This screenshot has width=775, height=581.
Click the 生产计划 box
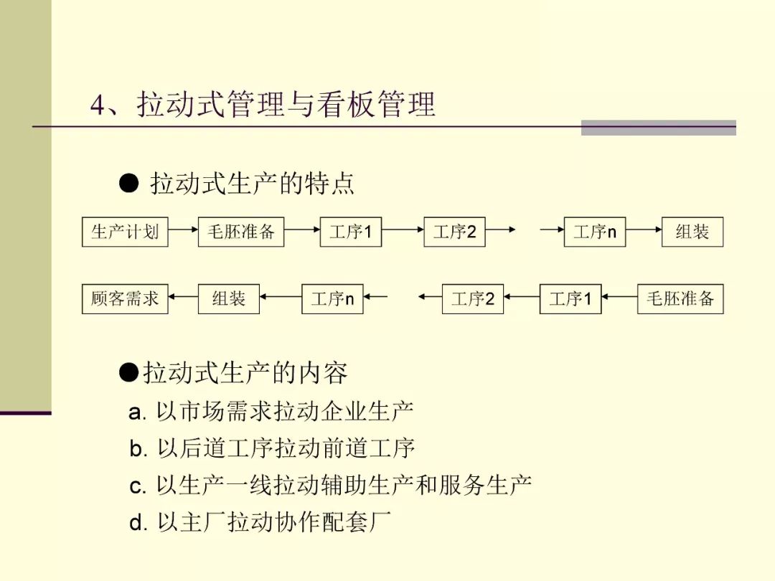[x=125, y=232]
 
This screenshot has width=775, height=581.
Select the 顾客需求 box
[x=125, y=298]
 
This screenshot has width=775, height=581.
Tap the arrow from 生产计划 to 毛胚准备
[x=183, y=230]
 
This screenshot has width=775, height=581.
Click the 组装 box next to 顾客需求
[x=229, y=298]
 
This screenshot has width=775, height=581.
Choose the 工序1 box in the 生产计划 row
[x=351, y=232]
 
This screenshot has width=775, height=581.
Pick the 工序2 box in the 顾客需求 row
[x=473, y=298]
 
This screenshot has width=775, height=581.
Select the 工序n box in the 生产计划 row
[x=595, y=232]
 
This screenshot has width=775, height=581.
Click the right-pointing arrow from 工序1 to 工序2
[x=403, y=230]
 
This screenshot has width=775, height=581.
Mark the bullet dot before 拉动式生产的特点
[x=128, y=184]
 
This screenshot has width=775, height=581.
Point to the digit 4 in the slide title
[x=98, y=106]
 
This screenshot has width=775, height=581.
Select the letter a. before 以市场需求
[x=137, y=412]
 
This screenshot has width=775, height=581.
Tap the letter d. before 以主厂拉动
[x=138, y=523]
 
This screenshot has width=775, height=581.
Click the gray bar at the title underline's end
[x=658, y=128]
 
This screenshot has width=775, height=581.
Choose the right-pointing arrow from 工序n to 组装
[x=643, y=230]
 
